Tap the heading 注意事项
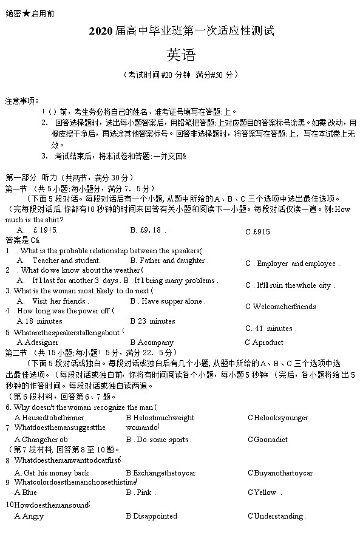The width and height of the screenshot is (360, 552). coord(22,100)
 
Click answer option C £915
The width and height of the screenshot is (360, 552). coord(257,231)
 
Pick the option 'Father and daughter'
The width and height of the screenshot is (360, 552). coord(169,261)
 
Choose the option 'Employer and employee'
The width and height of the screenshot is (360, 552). coord(292,264)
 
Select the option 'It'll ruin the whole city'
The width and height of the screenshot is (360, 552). coord(290,285)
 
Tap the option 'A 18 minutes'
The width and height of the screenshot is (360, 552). coord(39,321)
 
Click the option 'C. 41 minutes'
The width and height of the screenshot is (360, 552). coord(270,329)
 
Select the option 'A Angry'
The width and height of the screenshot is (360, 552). coord(29,516)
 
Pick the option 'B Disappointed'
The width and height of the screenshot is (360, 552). coord(151,516)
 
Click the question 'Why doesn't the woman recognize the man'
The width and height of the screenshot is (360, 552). coord(81,407)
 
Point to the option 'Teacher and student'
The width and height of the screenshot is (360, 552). coord(58,261)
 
